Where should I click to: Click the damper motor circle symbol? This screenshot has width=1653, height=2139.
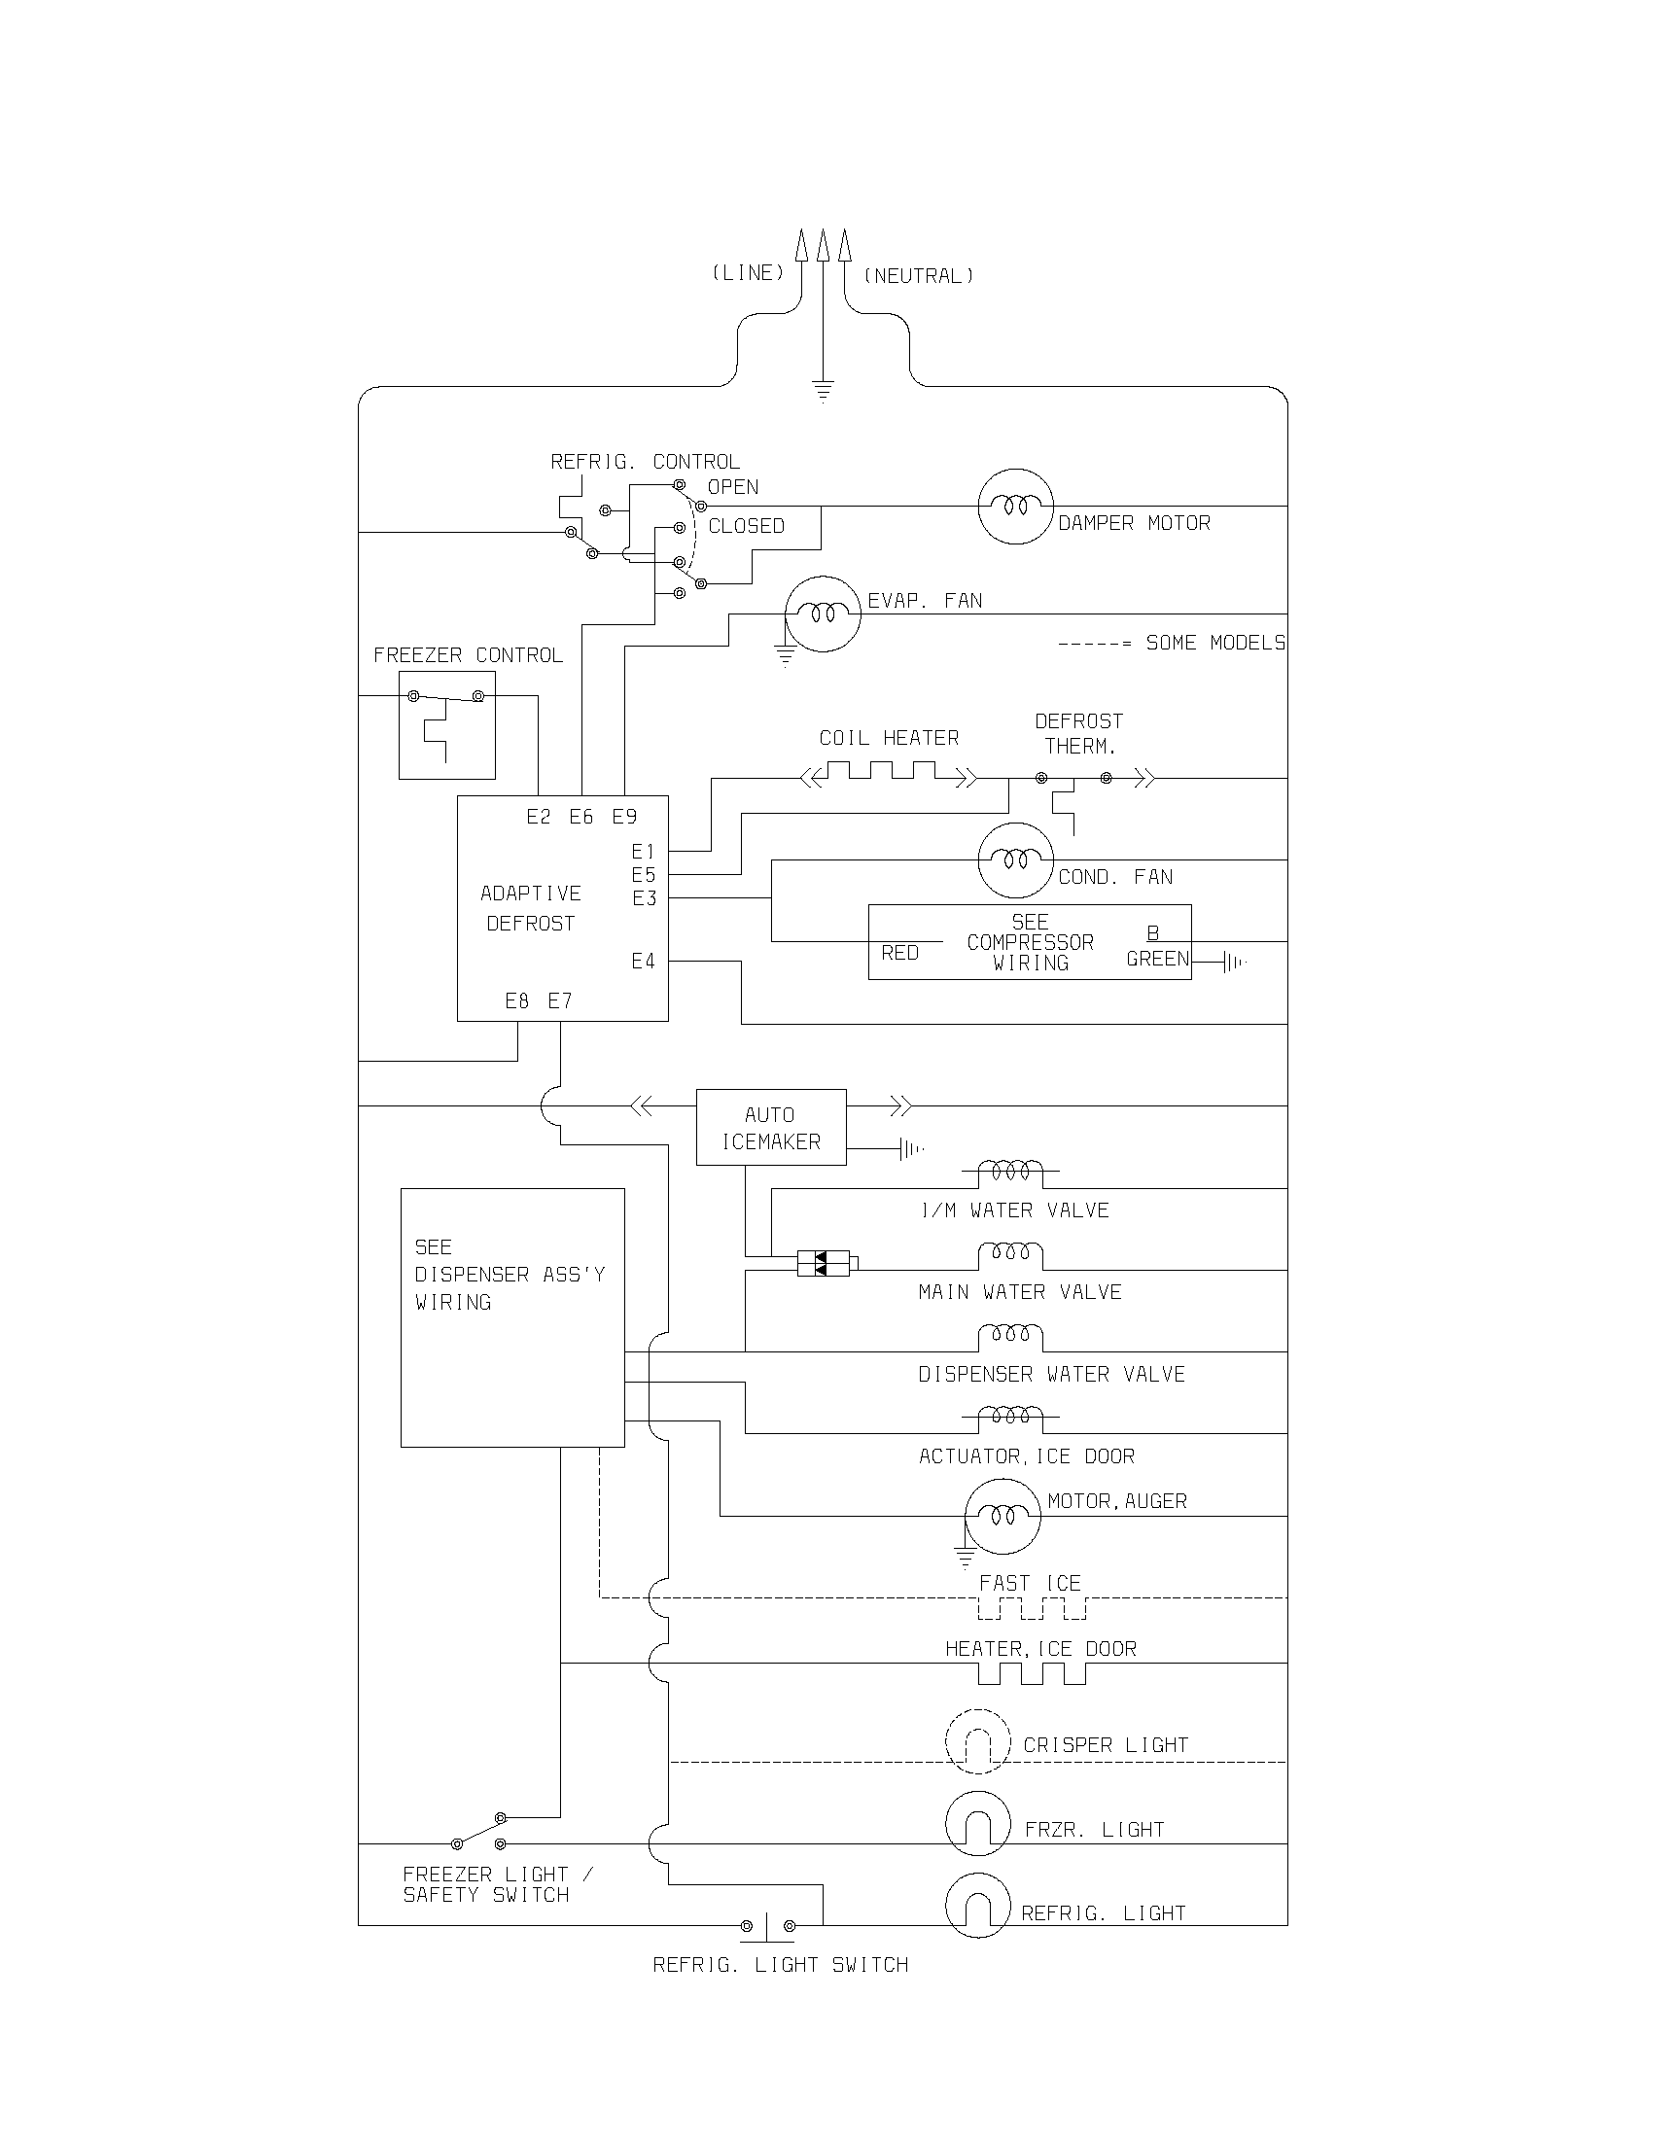1015,507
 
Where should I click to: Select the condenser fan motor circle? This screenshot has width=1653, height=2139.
1015,859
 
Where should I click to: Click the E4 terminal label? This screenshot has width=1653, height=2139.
643,962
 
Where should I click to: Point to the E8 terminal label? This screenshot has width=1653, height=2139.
517,1000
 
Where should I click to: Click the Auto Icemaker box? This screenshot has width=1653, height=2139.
771,1127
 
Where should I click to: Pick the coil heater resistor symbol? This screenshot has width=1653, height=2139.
888,778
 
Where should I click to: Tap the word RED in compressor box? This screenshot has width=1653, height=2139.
900,953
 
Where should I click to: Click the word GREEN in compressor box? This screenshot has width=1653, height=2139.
1156,959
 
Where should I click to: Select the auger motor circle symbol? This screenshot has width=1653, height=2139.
1002,1516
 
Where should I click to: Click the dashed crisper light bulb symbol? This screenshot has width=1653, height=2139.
977,1741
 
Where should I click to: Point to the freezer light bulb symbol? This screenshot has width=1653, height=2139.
977,1825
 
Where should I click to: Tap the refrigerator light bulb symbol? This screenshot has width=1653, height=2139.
977,1906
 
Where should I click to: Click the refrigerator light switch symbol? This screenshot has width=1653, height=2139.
767,1924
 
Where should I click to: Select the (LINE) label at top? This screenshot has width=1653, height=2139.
748,273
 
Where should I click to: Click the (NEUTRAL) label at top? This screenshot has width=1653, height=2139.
919,276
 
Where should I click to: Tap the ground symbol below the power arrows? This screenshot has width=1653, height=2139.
823,391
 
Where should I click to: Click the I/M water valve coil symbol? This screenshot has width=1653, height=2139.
1010,1171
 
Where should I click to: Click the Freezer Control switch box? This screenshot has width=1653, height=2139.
446,724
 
